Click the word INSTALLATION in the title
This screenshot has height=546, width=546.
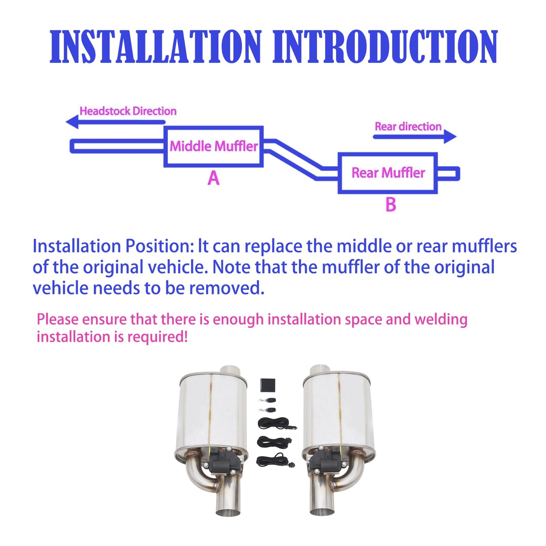tap(155, 47)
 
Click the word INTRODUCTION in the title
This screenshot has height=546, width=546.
tap(385, 47)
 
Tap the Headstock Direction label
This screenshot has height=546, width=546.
tap(128, 111)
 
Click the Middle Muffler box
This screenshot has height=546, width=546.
tap(214, 146)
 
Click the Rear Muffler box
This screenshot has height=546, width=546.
tap(388, 173)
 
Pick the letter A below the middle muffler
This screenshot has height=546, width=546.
tap(214, 178)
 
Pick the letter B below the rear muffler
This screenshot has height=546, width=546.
tap(391, 205)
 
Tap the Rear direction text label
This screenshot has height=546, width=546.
tap(408, 127)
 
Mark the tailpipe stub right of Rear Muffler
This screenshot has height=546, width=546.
tap(448, 173)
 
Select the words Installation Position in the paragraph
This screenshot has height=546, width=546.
tap(113, 246)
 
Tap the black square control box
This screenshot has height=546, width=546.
tap(268, 386)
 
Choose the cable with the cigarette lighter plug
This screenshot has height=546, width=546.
tap(275, 424)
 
